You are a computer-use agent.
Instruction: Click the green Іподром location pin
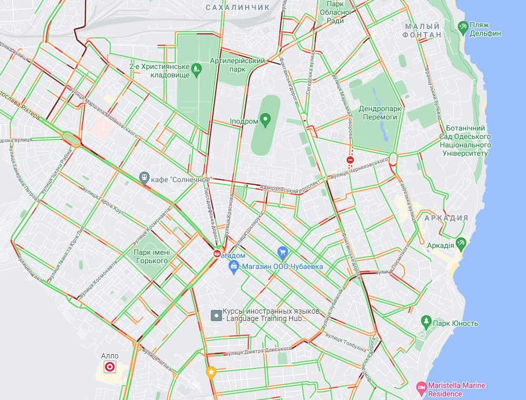(x=265, y=121)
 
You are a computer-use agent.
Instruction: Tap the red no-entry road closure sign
(x=350, y=159)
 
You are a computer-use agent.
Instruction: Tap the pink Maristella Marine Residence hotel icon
(x=421, y=388)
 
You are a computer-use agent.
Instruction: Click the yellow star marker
(x=211, y=373)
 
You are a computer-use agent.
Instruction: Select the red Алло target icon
(x=110, y=367)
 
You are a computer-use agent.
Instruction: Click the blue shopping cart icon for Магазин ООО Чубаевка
(x=282, y=253)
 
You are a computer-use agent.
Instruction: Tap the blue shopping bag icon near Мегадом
(x=234, y=267)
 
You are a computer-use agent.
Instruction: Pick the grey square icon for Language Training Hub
(x=216, y=315)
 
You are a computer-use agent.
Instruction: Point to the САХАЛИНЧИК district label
(x=237, y=7)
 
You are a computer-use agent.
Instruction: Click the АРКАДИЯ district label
(x=446, y=218)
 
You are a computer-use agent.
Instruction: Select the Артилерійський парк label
(x=237, y=65)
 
